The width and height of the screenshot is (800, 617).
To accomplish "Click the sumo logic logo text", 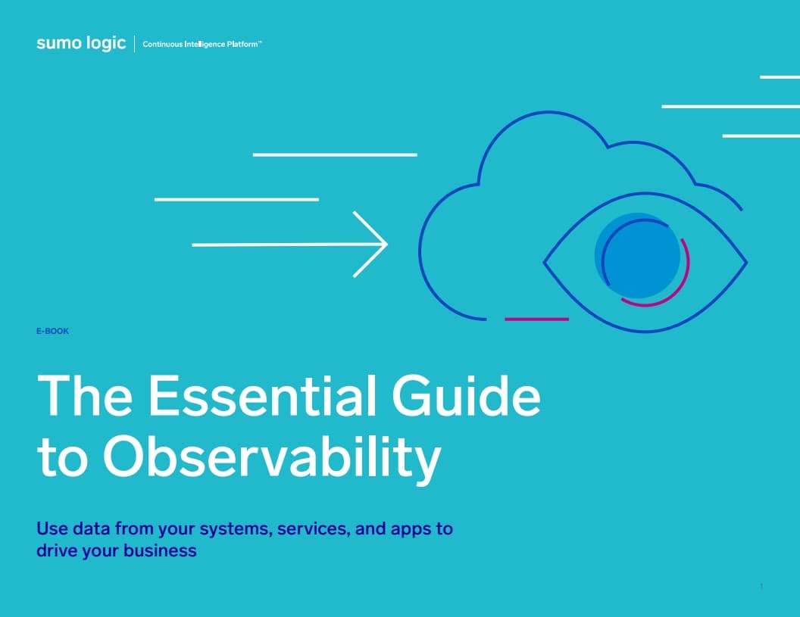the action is click(81, 43).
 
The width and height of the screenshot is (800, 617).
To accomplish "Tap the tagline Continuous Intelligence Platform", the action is click(202, 45).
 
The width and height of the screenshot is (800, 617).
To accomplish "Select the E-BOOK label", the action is click(52, 331).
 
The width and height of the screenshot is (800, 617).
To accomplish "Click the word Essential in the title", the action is click(262, 396).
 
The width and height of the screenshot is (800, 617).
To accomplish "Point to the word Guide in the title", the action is click(466, 396).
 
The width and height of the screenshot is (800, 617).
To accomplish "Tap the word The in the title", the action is click(85, 396).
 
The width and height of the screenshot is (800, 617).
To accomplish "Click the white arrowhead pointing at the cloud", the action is click(370, 245).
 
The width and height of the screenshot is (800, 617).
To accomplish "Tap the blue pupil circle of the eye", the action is click(637, 255).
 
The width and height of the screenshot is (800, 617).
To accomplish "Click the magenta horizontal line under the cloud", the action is click(536, 319).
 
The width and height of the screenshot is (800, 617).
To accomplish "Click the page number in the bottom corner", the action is click(761, 587).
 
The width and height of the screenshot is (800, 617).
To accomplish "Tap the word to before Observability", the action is click(63, 457).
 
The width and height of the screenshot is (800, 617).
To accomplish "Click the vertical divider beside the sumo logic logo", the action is click(134, 44).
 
